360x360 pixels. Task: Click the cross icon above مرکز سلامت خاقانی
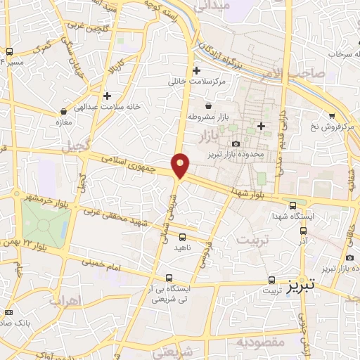tap(196, 70)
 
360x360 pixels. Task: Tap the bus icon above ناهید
tap(183, 237)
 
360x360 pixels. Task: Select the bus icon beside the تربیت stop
tap(271, 279)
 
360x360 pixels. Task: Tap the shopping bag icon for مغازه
tap(65, 110)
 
